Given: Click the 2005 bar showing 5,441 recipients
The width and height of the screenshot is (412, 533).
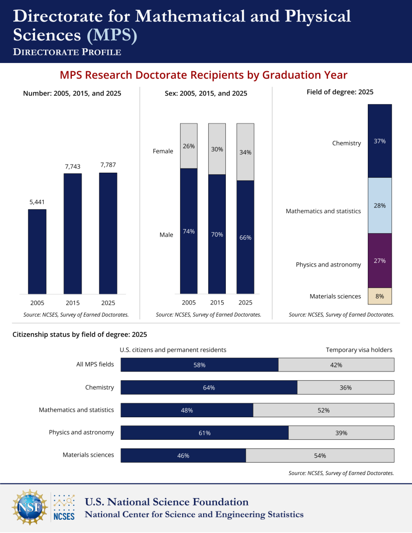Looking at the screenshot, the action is [37, 252].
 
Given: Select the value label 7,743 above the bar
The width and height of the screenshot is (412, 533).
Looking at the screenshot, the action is [72, 167].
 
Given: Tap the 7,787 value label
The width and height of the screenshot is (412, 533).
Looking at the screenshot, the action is [108, 165].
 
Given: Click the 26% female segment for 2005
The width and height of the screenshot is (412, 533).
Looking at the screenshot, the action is [189, 146].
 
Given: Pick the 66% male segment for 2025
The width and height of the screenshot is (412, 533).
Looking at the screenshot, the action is [245, 237].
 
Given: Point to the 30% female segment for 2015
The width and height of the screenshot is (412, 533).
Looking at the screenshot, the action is [217, 149].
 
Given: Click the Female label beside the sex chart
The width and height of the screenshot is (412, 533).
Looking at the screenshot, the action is [163, 151].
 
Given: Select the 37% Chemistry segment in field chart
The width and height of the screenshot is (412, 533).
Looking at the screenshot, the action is [380, 141].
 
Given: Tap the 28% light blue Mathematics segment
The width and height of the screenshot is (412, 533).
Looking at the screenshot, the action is [380, 206].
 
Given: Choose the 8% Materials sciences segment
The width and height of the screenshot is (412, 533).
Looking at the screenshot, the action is [380, 296].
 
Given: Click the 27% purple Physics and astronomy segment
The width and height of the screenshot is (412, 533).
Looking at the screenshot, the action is [380, 261].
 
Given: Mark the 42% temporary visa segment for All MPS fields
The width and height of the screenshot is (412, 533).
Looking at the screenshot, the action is [337, 365].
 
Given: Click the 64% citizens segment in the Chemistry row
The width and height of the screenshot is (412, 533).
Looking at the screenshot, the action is [209, 387].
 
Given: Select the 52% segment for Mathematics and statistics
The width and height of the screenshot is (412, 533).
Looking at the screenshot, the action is [324, 411].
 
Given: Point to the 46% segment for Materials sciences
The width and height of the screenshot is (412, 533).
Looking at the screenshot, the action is [183, 456].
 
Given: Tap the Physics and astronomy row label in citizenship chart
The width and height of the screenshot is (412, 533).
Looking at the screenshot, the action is [81, 433].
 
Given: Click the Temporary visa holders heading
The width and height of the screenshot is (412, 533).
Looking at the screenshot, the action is [359, 350].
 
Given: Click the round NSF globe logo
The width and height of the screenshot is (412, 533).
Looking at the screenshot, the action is [30, 507].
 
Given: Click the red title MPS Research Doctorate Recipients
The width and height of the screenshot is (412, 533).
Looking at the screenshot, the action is [204, 75].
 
